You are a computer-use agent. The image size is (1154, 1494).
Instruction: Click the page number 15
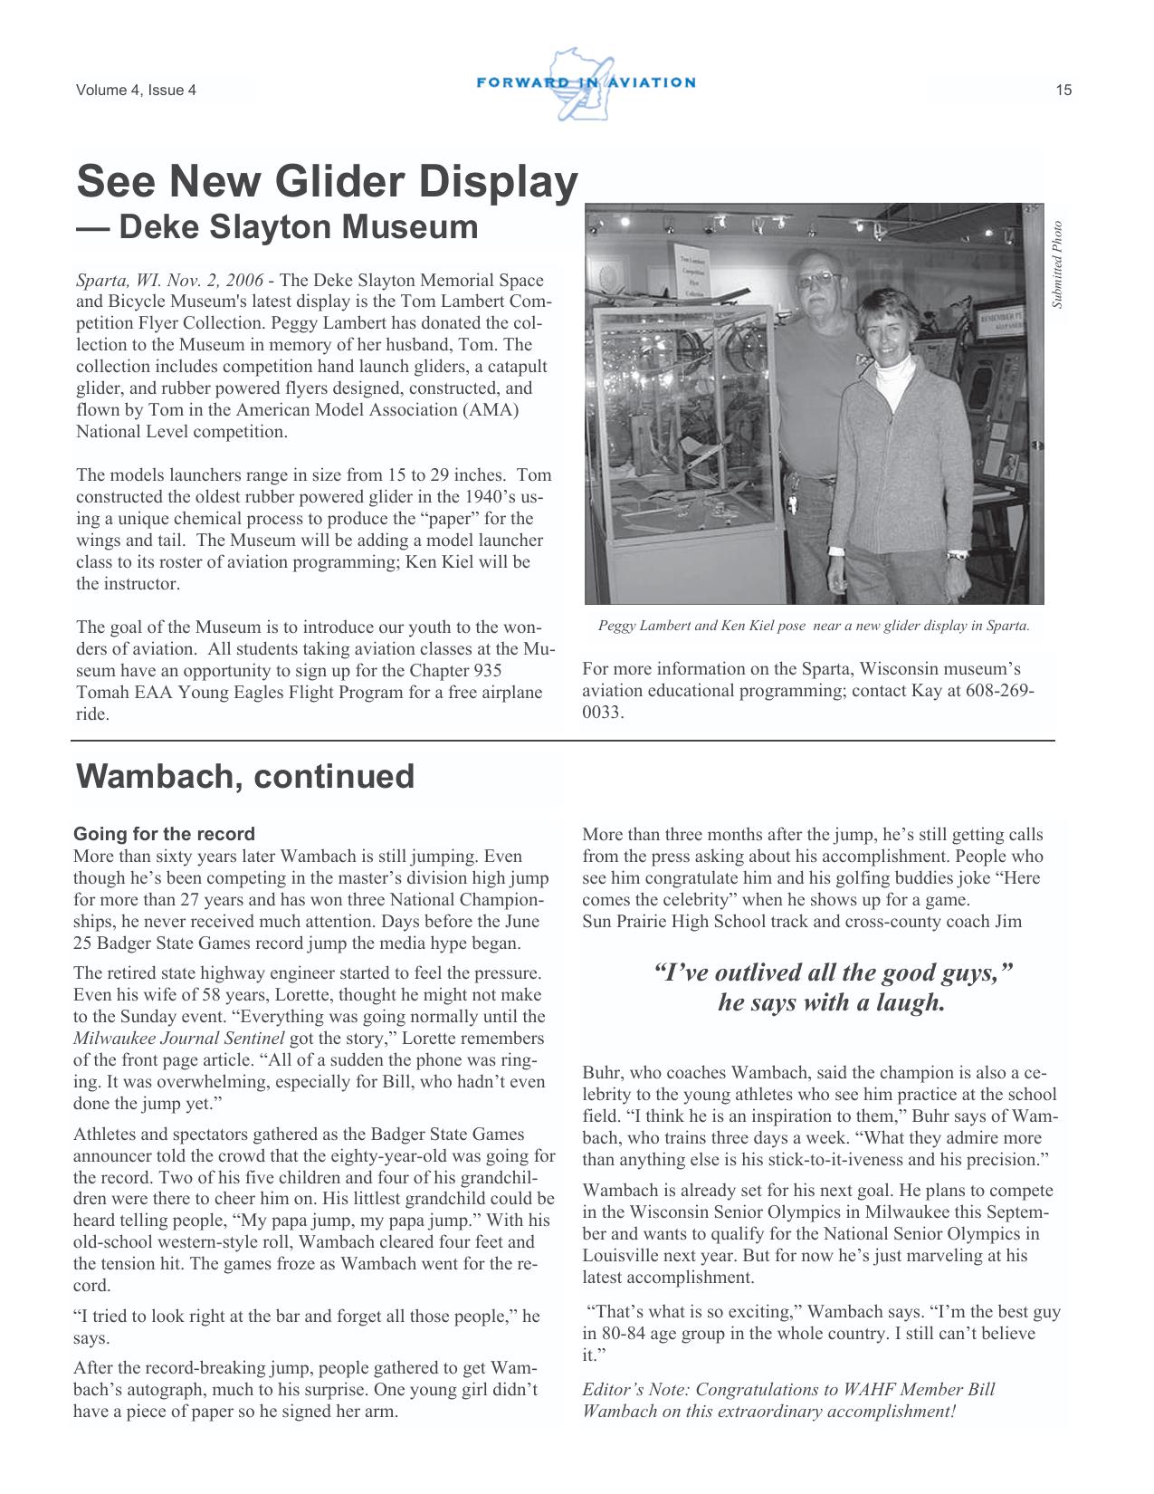point(1063,90)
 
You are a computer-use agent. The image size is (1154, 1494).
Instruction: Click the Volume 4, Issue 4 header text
point(136,90)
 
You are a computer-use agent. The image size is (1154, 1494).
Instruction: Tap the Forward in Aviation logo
point(585,83)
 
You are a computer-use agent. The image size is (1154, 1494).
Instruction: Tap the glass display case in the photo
point(686,417)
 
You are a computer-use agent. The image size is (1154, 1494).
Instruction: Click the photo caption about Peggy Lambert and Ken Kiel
point(813,626)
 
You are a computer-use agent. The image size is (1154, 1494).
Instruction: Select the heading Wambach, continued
point(245,777)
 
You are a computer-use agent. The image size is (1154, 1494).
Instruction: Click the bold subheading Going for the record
point(164,834)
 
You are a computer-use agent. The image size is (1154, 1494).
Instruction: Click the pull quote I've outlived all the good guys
point(831,987)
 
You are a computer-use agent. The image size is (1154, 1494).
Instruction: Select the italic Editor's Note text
point(787,1400)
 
